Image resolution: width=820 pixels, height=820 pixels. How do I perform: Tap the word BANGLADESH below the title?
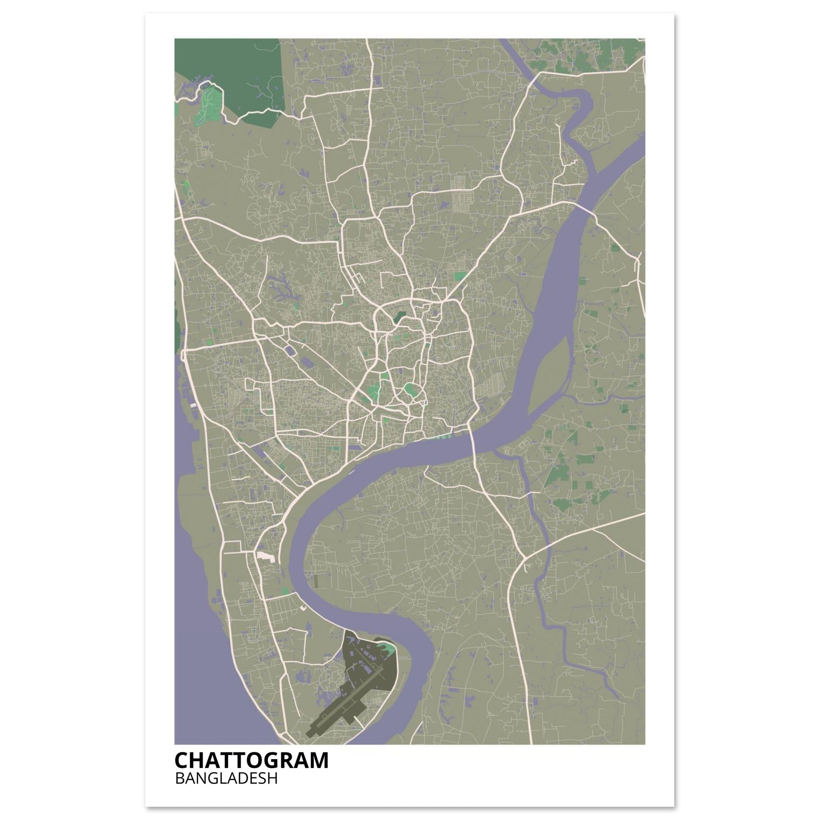[226, 778]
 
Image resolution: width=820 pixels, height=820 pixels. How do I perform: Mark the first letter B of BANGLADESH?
[179, 778]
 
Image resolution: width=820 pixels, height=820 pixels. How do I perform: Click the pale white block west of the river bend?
[266, 557]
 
